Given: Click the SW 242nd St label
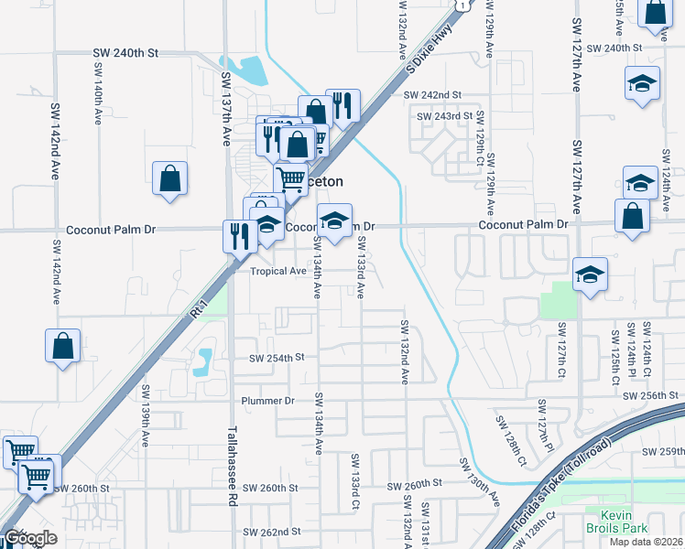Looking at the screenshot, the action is point(434,94).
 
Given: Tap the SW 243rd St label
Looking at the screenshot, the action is point(444,116).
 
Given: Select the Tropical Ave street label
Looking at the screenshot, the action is point(278,271).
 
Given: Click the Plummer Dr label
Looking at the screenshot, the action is point(267,401).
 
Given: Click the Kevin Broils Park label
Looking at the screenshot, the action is point(616,522).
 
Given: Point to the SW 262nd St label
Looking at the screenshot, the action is point(272,532).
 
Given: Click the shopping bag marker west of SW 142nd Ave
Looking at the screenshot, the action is point(61,346).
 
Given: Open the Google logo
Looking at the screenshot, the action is point(30,538).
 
